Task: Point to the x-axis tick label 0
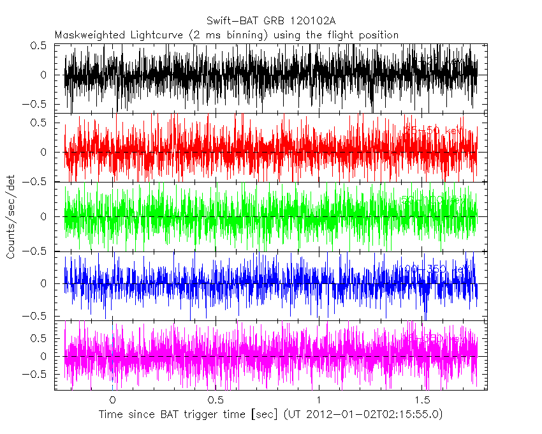coord(112,400)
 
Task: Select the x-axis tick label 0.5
coord(216,400)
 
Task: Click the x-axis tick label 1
coord(319,400)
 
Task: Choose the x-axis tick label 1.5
coord(422,400)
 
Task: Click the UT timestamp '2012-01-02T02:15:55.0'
coord(378,414)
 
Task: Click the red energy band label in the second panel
coord(434,130)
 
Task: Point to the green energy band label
coord(434,200)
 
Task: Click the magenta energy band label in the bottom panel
coord(440,336)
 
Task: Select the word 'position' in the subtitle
coord(378,34)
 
